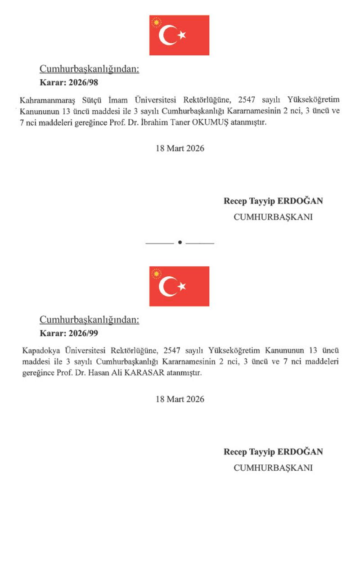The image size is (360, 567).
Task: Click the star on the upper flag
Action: pos(181,35)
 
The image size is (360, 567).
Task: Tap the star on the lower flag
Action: pos(181,286)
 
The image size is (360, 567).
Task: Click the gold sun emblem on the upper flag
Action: pos(156,22)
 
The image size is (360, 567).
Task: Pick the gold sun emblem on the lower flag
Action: pos(156,273)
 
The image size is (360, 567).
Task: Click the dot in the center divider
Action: pos(180,243)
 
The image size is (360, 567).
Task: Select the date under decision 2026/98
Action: pos(180,148)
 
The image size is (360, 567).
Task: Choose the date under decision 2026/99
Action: pos(180,399)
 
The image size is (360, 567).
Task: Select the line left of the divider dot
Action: pos(160,243)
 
